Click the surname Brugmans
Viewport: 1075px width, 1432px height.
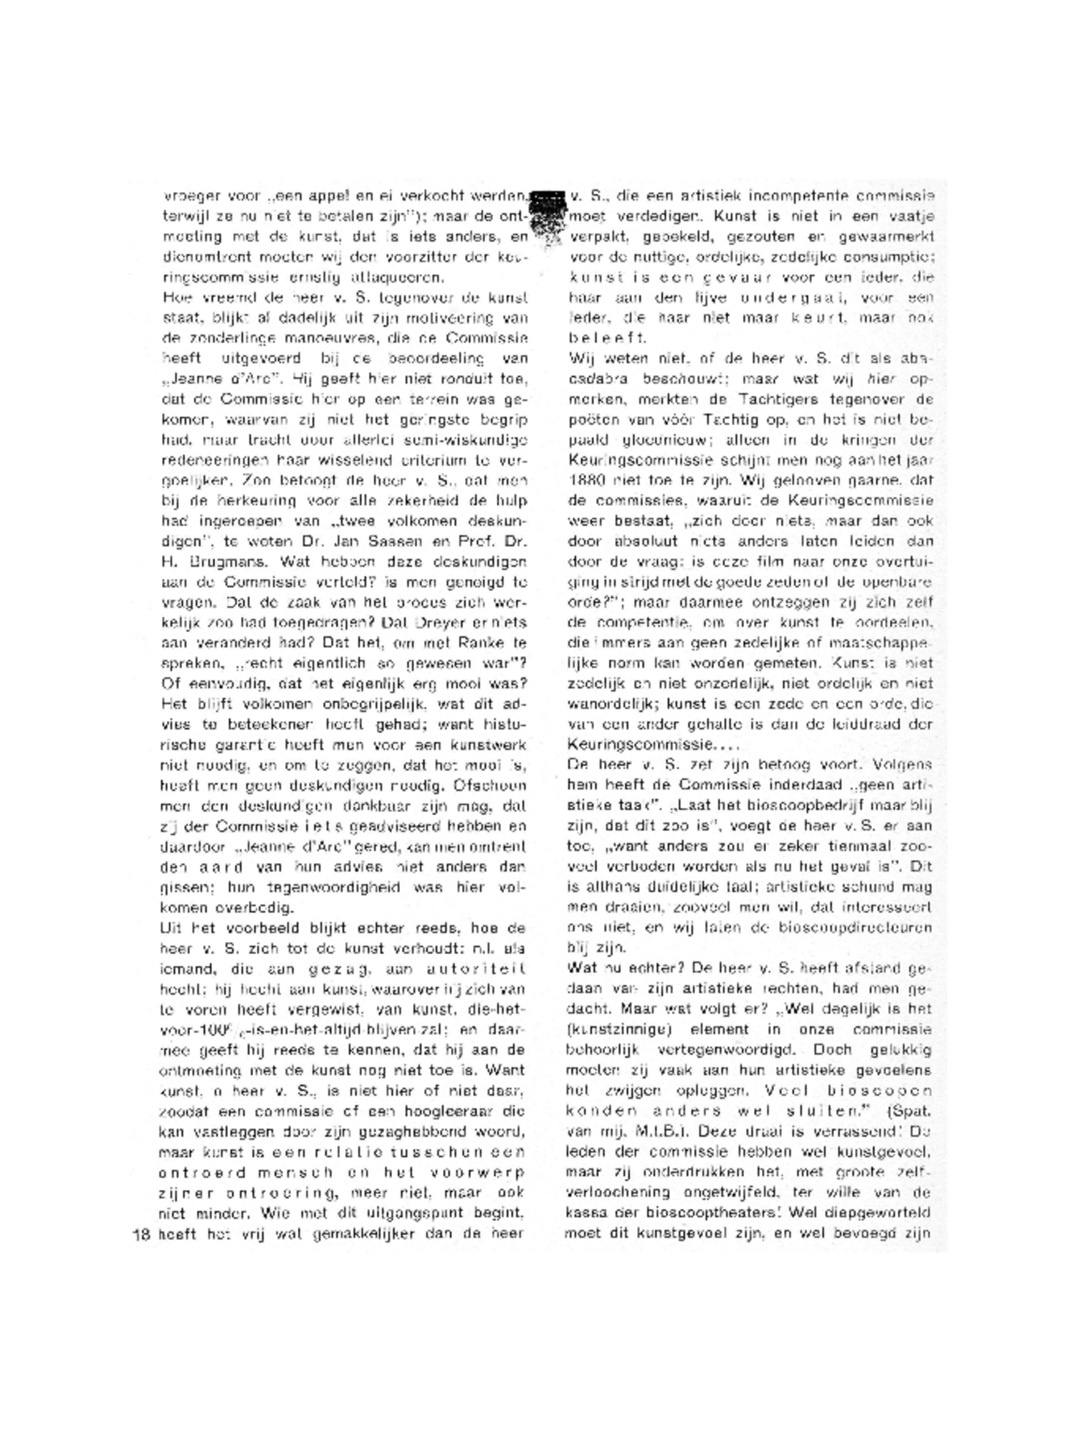coord(229,561)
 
